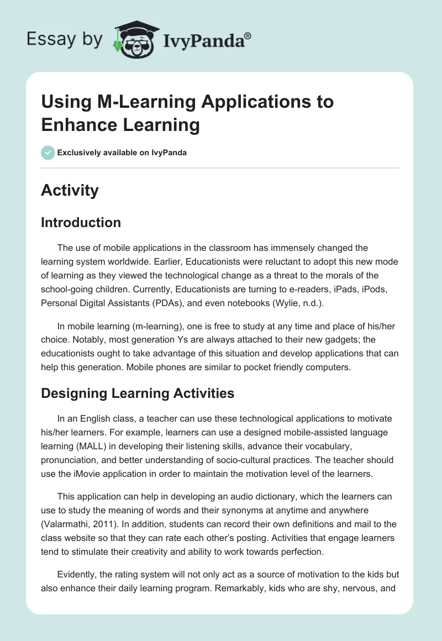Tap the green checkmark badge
click(x=48, y=153)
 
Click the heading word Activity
click(x=70, y=190)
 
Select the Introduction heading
click(x=81, y=222)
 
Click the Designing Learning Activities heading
click(x=138, y=393)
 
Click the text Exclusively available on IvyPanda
click(x=122, y=153)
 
